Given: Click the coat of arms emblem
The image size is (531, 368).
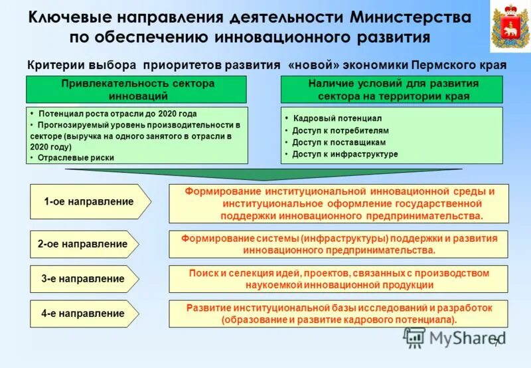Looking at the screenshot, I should [x=509, y=27].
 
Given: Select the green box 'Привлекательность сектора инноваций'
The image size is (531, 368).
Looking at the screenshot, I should [x=137, y=90].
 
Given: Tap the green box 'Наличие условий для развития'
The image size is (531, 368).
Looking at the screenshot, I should [x=392, y=90].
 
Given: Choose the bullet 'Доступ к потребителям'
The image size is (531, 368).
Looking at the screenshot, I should [x=341, y=130].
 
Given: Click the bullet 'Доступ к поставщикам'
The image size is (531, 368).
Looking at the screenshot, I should [x=339, y=142].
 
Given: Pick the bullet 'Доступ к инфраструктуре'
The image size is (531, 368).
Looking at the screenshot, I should [x=345, y=154].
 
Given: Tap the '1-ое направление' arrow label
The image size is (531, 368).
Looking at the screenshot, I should [x=86, y=202].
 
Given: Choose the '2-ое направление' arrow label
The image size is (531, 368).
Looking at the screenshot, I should [x=84, y=244].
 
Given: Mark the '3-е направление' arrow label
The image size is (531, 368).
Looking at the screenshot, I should [x=84, y=279].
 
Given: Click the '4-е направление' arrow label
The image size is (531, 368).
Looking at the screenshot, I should [x=84, y=314].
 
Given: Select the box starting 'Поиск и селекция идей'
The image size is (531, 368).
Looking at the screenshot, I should [x=339, y=279].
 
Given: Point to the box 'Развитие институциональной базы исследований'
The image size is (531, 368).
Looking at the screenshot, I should [x=339, y=314].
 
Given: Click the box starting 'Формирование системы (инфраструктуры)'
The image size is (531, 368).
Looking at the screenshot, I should [x=339, y=244].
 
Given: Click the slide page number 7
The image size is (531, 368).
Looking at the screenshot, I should [x=495, y=341].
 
